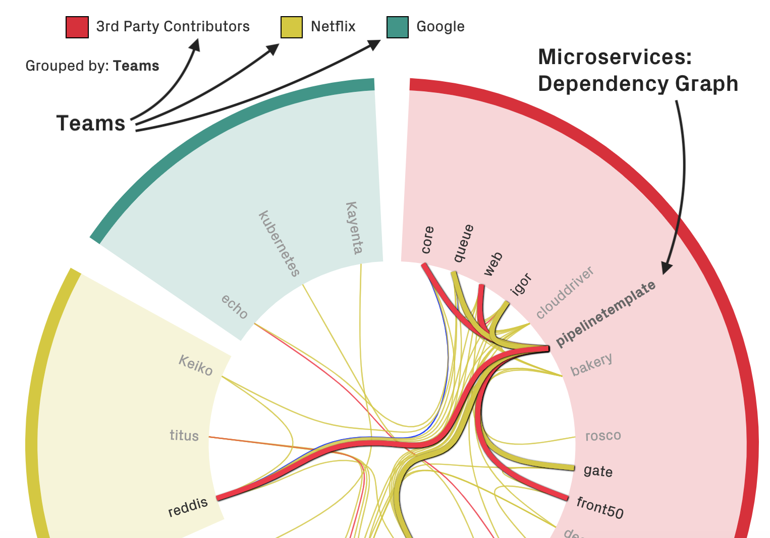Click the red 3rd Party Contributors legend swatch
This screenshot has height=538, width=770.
pyautogui.click(x=77, y=27)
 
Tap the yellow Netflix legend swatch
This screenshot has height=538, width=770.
pyautogui.click(x=292, y=27)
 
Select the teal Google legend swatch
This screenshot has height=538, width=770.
pyautogui.click(x=398, y=27)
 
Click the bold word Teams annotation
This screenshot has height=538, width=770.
pyautogui.click(x=91, y=124)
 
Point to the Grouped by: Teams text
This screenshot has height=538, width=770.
pyautogui.click(x=92, y=66)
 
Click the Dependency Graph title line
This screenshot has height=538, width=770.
pyautogui.click(x=638, y=84)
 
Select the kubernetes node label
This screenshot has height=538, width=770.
pyautogui.click(x=279, y=244)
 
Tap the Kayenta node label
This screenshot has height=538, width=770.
pyautogui.click(x=354, y=228)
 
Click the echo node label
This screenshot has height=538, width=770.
pyautogui.click(x=235, y=307)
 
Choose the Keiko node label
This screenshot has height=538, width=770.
pyautogui.click(x=196, y=365)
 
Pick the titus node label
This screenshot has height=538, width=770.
pyautogui.click(x=184, y=436)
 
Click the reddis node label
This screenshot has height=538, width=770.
pyautogui.click(x=188, y=507)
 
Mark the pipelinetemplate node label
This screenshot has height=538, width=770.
pyautogui.click(x=606, y=314)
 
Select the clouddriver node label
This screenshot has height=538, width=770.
pyautogui.click(x=565, y=293)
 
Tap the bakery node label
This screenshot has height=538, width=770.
pyautogui.click(x=591, y=364)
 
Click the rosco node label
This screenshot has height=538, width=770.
pyautogui.click(x=603, y=436)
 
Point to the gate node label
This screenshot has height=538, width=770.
pyautogui.click(x=598, y=471)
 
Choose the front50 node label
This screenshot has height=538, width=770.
pyautogui.click(x=600, y=507)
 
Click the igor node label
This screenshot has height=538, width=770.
pyautogui.click(x=521, y=284)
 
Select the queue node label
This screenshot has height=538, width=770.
pyautogui.click(x=464, y=243)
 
